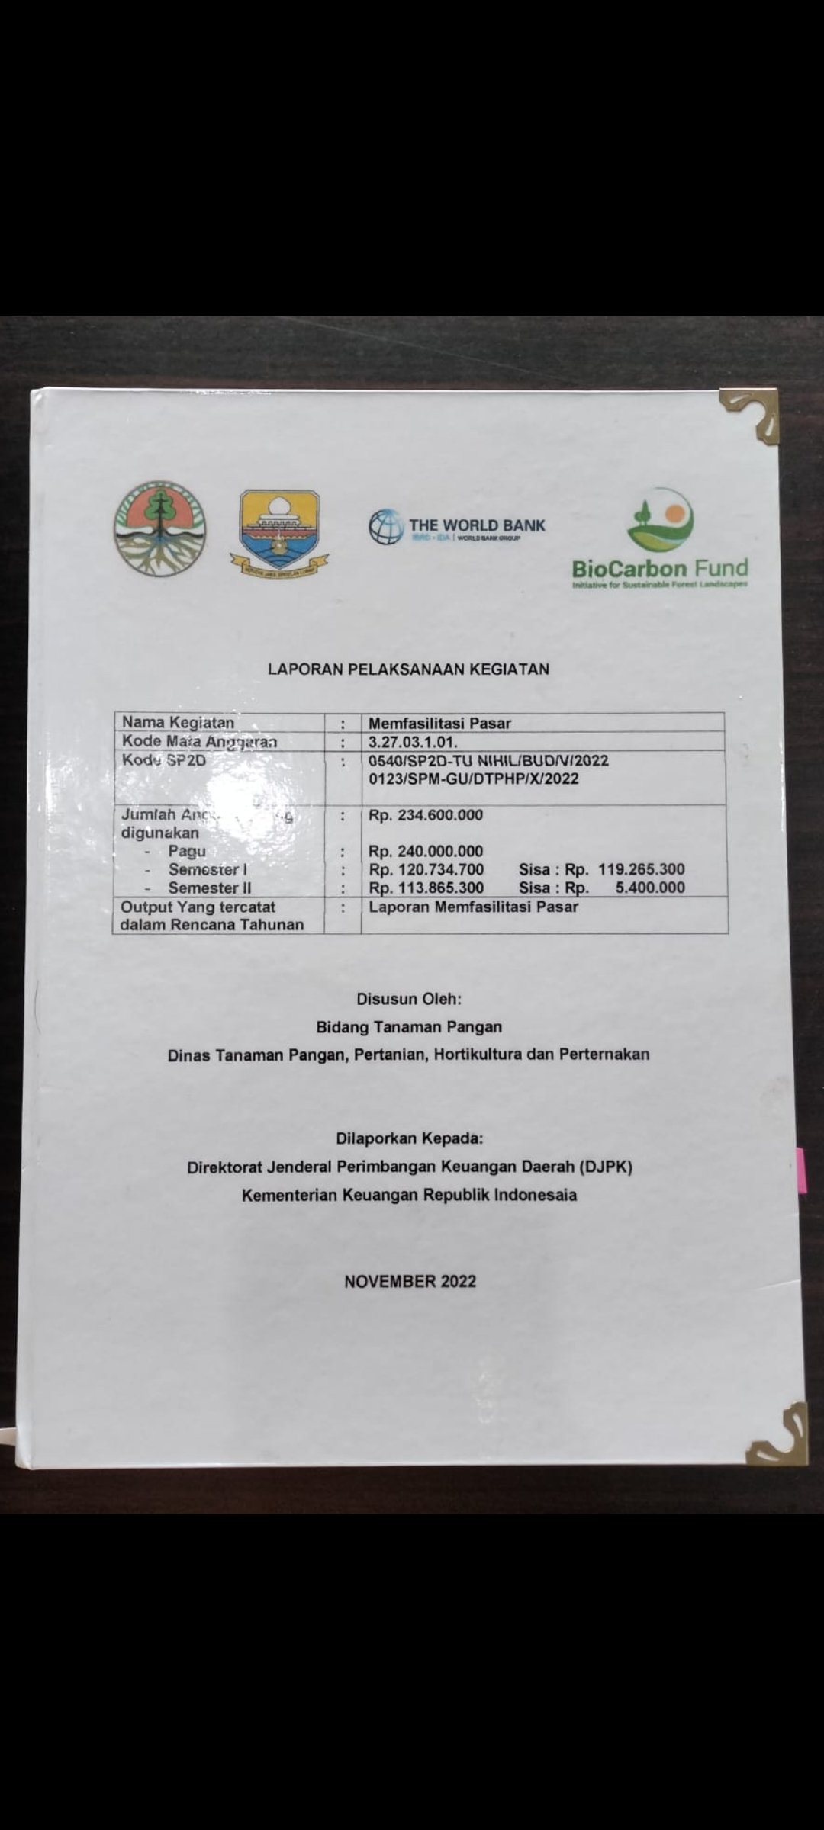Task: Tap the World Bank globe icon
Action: coord(386,527)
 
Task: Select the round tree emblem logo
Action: coord(159,528)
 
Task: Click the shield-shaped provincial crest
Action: coord(279,530)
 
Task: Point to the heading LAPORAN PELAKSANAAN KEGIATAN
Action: coord(408,669)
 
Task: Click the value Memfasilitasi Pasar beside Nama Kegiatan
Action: coord(439,723)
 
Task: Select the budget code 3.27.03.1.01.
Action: coord(413,742)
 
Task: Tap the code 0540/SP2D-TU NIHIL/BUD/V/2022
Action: coord(488,760)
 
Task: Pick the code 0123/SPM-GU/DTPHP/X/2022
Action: coord(473,779)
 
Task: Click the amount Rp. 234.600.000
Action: coord(426,815)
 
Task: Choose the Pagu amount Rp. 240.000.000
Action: coord(426,851)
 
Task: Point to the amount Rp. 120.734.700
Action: coord(426,869)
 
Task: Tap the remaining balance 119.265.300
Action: coord(641,869)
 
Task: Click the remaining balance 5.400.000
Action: coord(650,888)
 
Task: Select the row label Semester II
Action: coord(209,888)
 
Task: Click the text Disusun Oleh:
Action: coord(409,999)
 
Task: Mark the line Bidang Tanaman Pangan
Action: coord(409,1027)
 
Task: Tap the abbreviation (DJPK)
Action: coord(606,1167)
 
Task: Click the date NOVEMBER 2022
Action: coord(410,1282)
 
